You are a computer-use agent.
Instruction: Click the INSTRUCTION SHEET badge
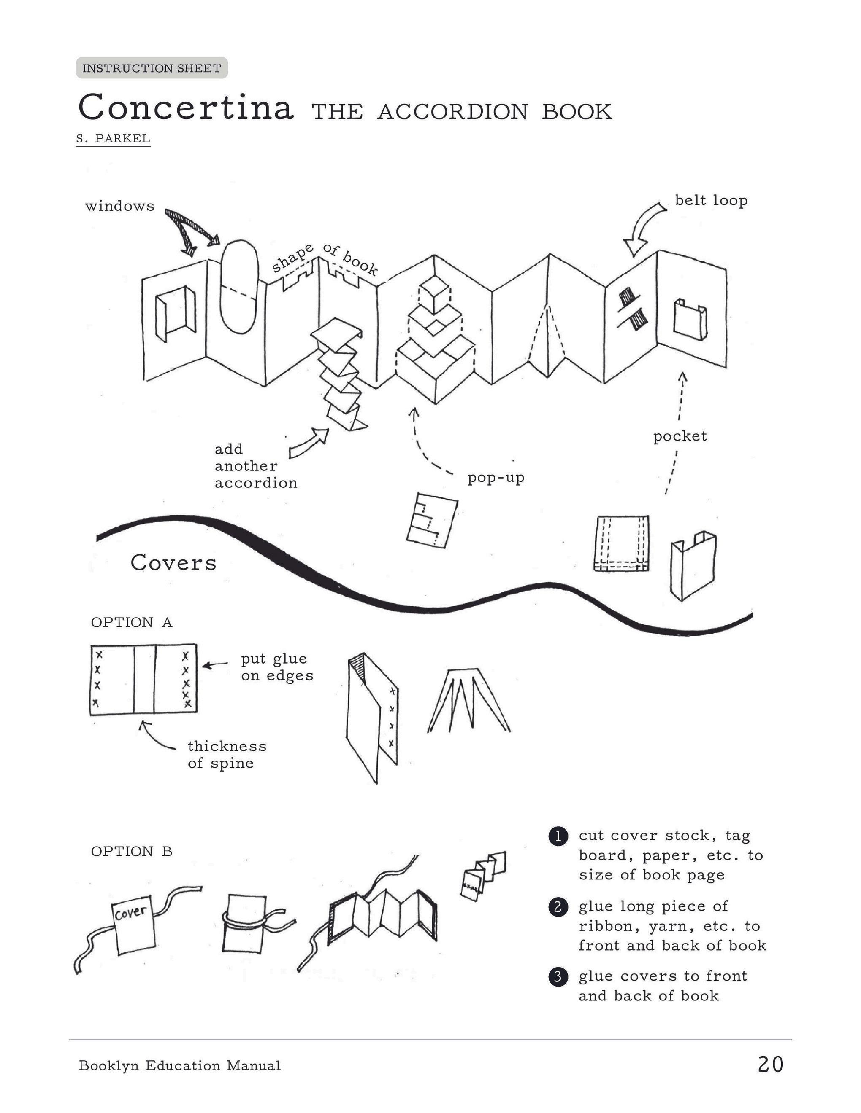[152, 68]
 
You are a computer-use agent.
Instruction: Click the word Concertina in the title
[186, 108]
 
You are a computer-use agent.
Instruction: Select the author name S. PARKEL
[113, 139]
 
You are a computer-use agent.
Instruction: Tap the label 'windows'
[119, 207]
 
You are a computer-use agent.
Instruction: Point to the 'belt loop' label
[711, 200]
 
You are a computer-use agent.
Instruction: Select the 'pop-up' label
[496, 478]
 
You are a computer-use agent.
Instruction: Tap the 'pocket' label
[680, 436]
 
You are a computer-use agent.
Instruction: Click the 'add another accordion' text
[255, 466]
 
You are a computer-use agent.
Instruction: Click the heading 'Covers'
[173, 563]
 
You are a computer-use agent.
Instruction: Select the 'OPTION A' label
[132, 622]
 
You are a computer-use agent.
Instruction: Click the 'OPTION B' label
[132, 851]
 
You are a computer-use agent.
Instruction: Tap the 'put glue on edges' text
[276, 667]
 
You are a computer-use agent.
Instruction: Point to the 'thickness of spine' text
[227, 754]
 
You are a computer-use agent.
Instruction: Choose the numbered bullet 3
[558, 976]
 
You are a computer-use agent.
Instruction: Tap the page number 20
[770, 1065]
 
